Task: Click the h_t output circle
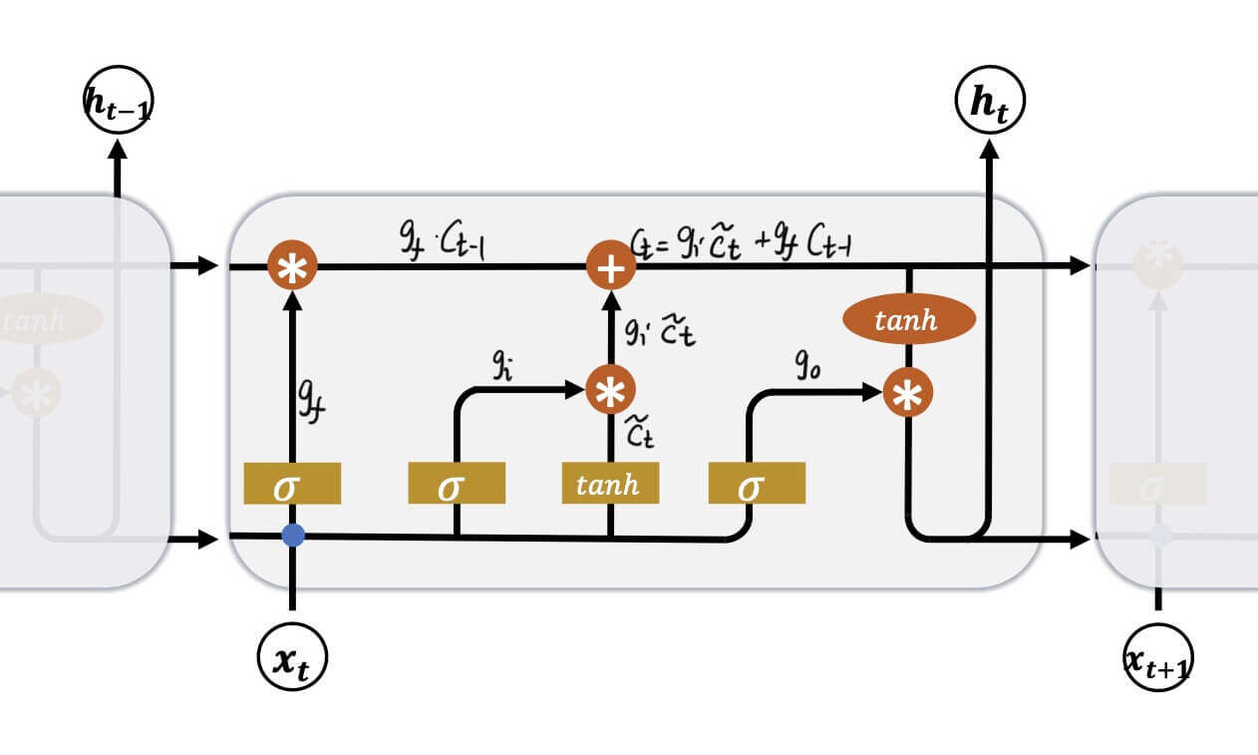point(989,102)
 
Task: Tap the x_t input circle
point(292,657)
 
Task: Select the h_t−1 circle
point(118,100)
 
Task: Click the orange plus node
point(610,265)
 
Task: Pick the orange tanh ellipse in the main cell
point(907,319)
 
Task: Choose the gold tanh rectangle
point(610,484)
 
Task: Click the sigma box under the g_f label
point(292,484)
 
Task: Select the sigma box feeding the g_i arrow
point(456,484)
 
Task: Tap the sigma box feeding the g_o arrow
point(756,484)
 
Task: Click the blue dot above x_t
point(292,536)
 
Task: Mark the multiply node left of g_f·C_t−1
point(292,266)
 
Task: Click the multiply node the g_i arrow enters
point(610,391)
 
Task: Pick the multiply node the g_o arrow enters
point(907,393)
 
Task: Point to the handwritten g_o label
point(807,366)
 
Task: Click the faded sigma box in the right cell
point(1157,484)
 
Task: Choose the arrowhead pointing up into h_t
point(989,150)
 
